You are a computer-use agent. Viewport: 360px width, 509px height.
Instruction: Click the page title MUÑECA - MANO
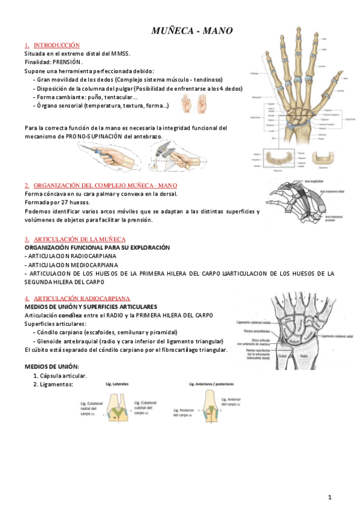[191, 31]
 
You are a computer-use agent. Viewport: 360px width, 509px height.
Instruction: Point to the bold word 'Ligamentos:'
[57, 384]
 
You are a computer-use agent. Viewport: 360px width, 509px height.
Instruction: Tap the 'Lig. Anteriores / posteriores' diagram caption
[211, 384]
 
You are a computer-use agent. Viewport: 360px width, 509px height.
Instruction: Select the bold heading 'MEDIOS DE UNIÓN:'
[51, 367]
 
